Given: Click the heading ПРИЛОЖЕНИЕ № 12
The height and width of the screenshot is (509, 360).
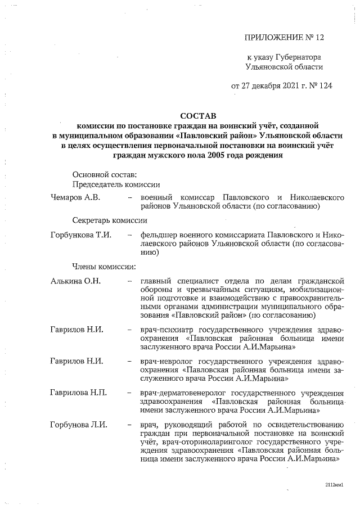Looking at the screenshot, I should coord(284,38).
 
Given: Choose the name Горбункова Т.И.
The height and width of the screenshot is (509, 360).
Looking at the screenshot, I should coord(78,234).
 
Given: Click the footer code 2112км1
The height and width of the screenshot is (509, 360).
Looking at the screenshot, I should coord(333,484).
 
